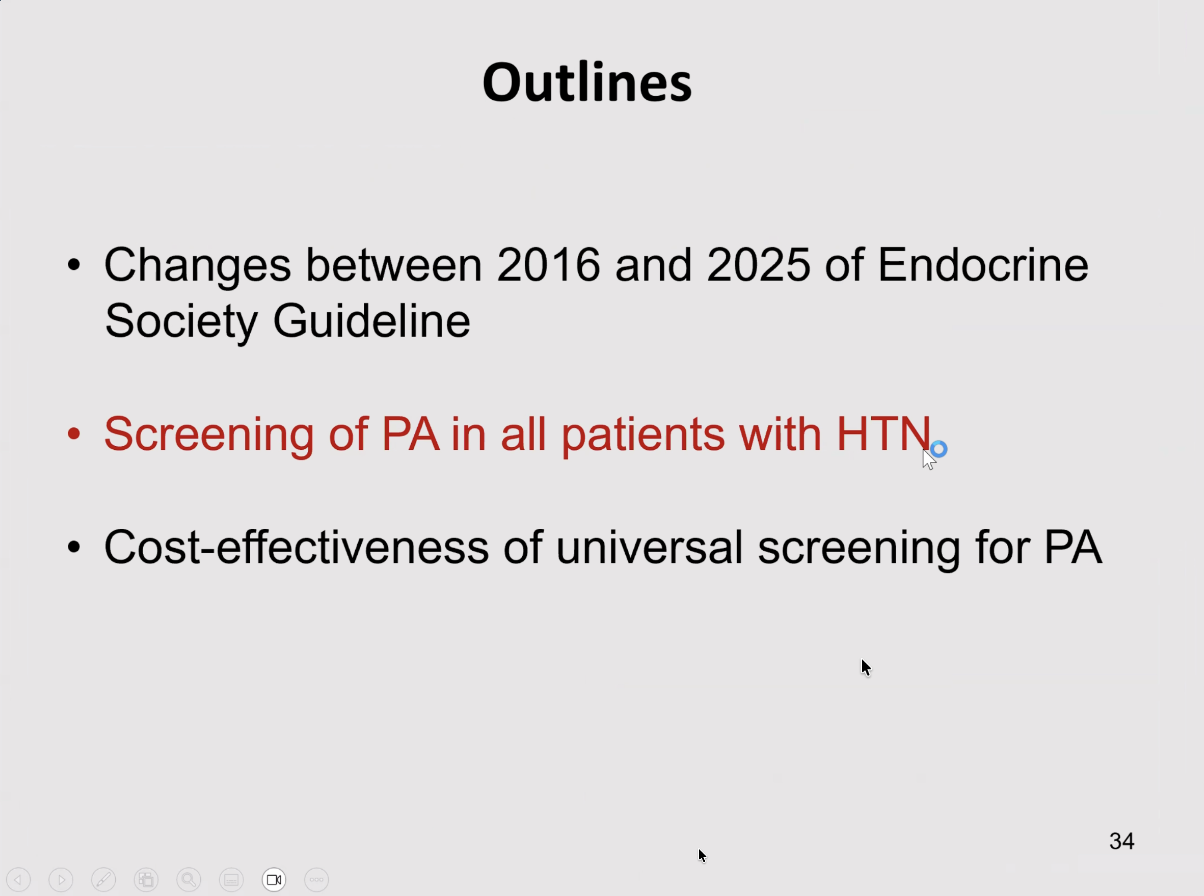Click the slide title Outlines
(x=587, y=82)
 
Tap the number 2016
(x=548, y=265)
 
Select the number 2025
(x=759, y=265)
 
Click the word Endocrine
(x=983, y=265)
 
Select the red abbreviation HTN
(x=883, y=434)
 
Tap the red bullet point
(x=74, y=434)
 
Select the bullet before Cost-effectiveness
(x=74, y=547)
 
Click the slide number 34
(x=1122, y=841)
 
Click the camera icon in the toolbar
(x=274, y=880)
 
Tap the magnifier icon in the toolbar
(x=189, y=880)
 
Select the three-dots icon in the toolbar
(x=317, y=880)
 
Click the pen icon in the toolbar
(x=104, y=880)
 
